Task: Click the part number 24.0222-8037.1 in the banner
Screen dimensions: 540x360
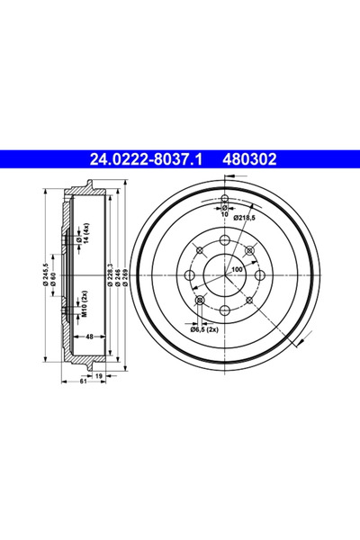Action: pyautogui.click(x=147, y=160)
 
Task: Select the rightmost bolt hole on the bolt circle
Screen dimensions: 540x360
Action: pyautogui.click(x=260, y=275)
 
